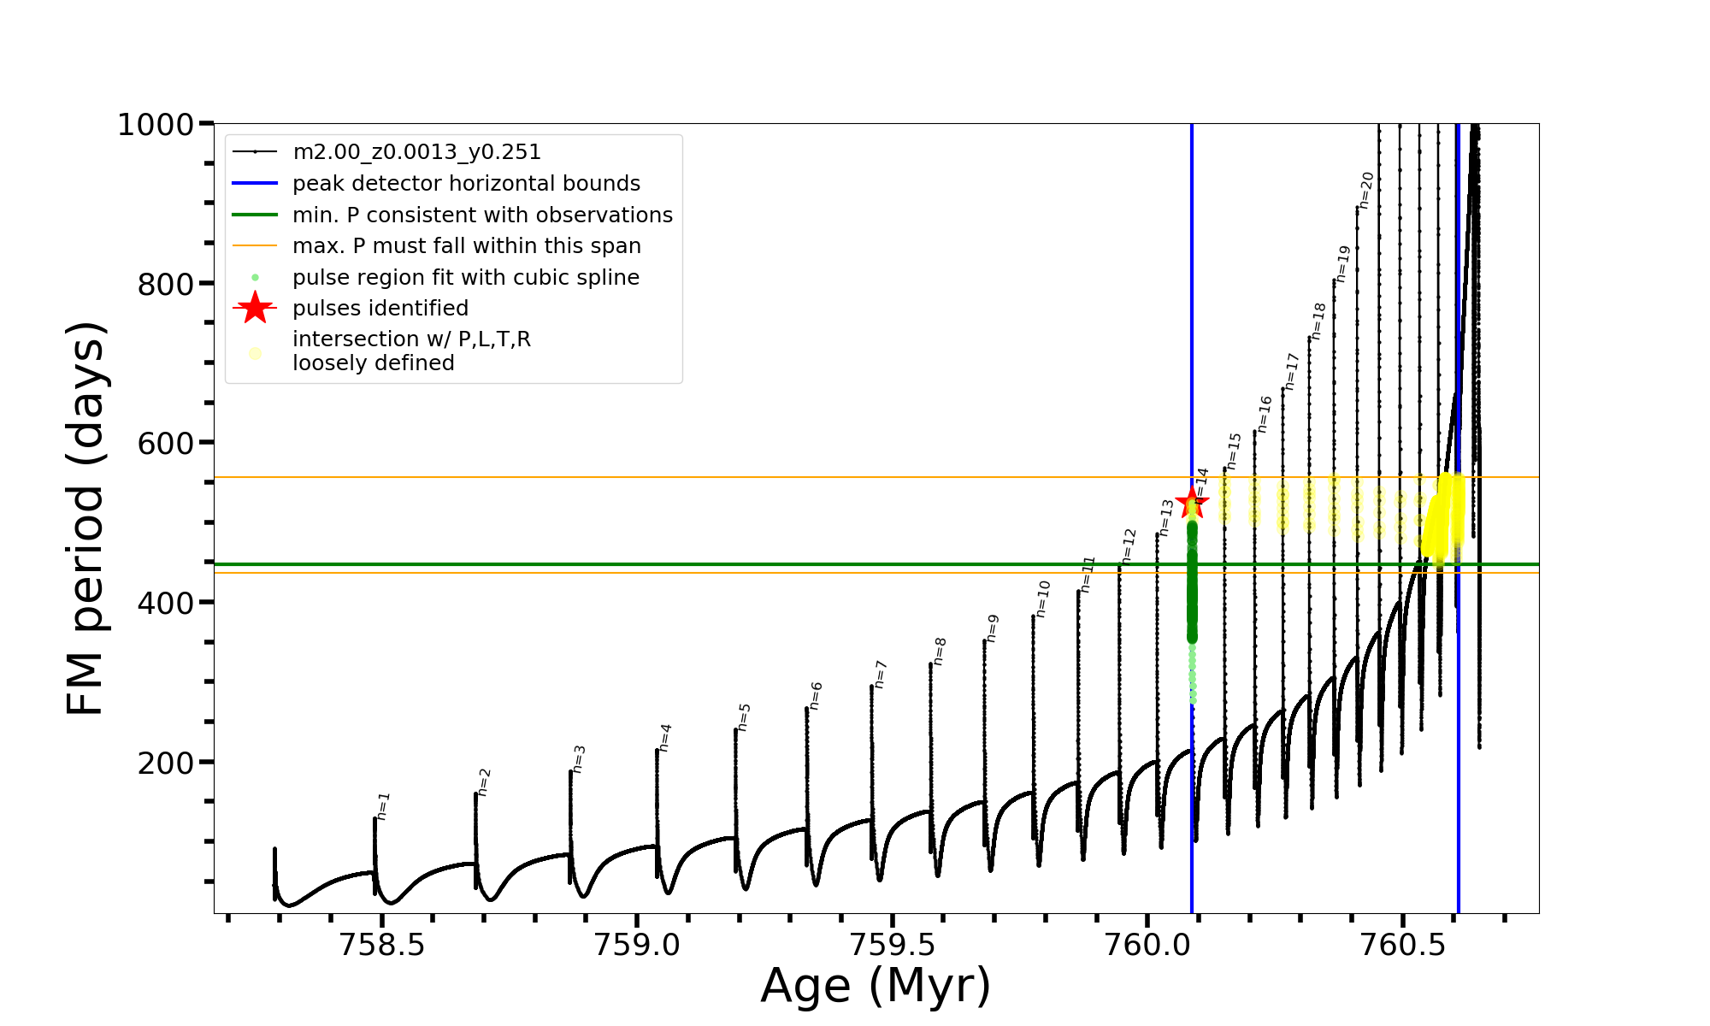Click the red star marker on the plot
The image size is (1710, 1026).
coord(1192,503)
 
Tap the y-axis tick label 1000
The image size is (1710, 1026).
coord(156,125)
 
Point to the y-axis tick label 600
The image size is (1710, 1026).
coord(166,444)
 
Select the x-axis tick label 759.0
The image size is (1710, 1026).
coord(637,946)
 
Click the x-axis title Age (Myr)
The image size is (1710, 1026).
coord(876,986)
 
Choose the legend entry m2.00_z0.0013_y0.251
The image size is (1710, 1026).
coord(416,152)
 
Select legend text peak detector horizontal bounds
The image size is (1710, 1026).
coord(466,184)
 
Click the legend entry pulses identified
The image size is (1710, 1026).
coord(380,309)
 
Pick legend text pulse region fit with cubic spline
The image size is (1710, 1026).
coord(466,278)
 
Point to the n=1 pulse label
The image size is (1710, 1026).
coord(384,806)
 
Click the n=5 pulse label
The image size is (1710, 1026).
coord(745,717)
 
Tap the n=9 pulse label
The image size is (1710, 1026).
coord(993,628)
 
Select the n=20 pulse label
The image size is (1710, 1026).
coord(1366,190)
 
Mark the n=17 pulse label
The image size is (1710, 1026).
coord(1292,372)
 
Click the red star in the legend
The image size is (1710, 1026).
coord(255,309)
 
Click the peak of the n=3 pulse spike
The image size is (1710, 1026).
coord(570,771)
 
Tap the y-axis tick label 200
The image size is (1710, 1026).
coord(166,763)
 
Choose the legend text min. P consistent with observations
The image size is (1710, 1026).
coord(482,215)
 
